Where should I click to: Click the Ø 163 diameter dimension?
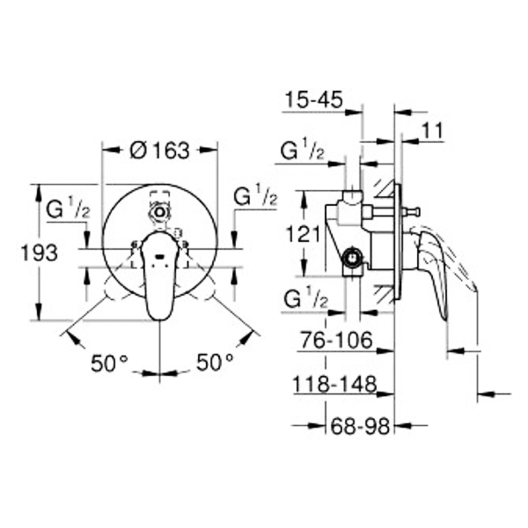click(159, 150)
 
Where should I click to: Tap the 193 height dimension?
click(39, 253)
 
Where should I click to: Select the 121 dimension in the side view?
click(303, 234)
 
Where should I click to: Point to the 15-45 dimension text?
click(313, 99)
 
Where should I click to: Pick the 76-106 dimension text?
click(336, 340)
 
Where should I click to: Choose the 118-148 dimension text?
click(334, 384)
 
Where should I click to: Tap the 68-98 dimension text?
click(360, 426)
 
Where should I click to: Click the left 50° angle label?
click(109, 363)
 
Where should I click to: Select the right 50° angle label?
click(215, 362)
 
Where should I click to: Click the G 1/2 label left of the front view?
click(68, 209)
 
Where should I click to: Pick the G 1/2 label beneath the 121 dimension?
click(305, 297)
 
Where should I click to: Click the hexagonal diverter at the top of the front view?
click(160, 212)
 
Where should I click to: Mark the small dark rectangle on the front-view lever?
click(159, 257)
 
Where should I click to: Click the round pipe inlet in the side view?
click(352, 260)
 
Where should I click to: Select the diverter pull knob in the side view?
click(411, 212)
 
